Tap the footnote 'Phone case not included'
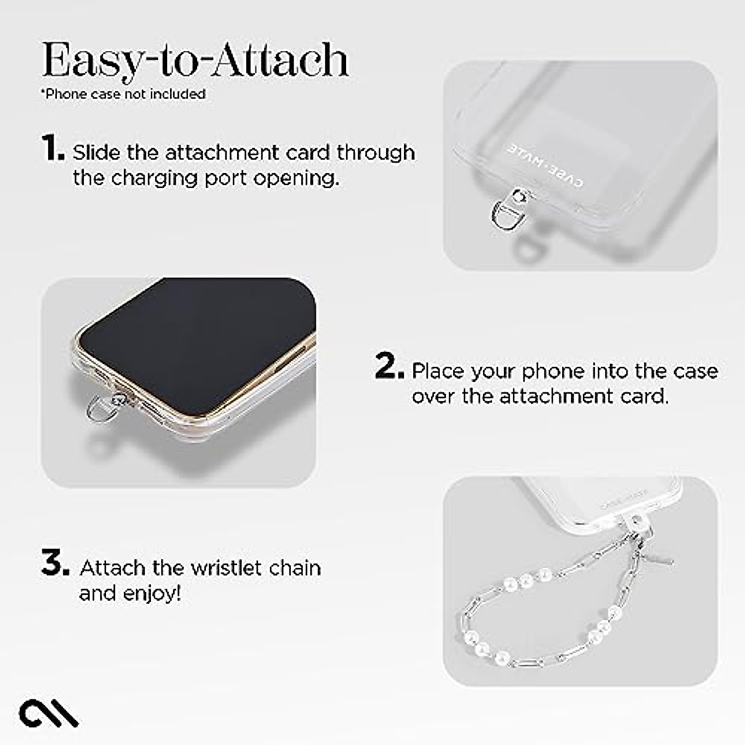coord(124,94)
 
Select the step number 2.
coord(389,367)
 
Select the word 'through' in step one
coord(376,153)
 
